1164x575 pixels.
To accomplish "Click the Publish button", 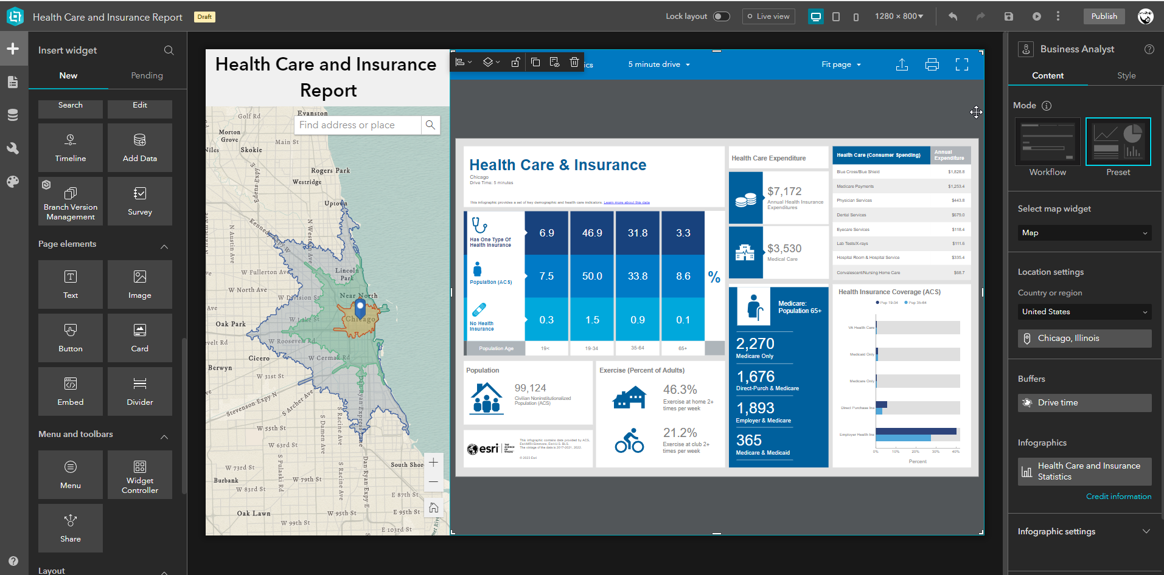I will pos(1104,16).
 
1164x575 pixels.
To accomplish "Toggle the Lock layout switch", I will pos(721,16).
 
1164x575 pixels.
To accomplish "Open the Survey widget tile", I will pos(140,201).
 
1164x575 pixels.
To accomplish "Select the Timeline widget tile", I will pos(71,148).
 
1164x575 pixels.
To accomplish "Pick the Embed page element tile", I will pos(71,391).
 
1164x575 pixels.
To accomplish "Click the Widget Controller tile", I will pos(140,475).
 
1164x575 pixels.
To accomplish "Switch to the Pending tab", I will pos(147,75).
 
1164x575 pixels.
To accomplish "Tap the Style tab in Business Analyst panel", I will pos(1126,75).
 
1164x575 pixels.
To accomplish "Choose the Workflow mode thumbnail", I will pos(1047,142).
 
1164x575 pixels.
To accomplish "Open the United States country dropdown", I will pos(1084,312).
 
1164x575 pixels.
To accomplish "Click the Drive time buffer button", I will pos(1084,402).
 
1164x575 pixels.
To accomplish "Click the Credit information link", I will pos(1118,497).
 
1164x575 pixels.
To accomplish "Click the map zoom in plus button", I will pos(433,463).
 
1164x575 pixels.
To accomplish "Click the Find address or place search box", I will pos(358,125).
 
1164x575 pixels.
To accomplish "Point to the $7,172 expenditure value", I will pos(784,191).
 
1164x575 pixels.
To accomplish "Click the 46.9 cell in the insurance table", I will pos(592,233).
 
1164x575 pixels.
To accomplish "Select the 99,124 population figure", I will pos(530,388).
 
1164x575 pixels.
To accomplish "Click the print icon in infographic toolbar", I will pos(932,64).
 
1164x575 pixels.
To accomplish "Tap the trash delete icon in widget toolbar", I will pos(574,62).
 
